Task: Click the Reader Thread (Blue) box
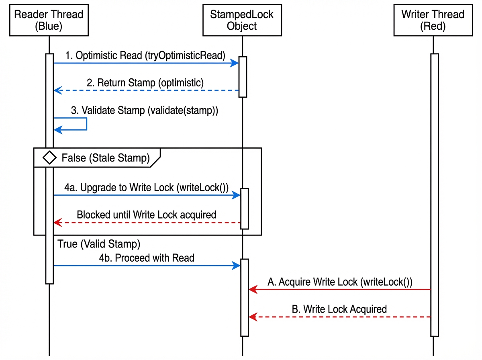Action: (x=49, y=20)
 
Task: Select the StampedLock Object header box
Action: (x=242, y=20)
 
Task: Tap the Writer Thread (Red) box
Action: (x=433, y=20)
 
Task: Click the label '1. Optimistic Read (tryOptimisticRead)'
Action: (x=145, y=56)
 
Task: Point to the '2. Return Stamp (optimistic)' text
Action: (x=145, y=83)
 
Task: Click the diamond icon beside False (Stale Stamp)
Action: (x=49, y=158)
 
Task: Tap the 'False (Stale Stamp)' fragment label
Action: (x=105, y=158)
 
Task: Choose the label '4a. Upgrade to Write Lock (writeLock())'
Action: (x=146, y=188)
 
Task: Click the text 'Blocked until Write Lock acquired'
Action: (x=146, y=215)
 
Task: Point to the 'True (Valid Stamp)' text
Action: (x=99, y=244)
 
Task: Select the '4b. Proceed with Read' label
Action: (x=147, y=258)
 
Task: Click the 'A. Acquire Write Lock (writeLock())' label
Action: (x=340, y=282)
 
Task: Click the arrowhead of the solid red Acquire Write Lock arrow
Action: (x=252, y=289)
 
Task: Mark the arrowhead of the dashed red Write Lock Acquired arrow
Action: (x=252, y=317)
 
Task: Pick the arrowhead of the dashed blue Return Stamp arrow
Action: (x=57, y=90)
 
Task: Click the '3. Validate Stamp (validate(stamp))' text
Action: (x=145, y=110)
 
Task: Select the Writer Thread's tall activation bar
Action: (x=434, y=194)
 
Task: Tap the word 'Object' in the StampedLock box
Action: (x=242, y=26)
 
